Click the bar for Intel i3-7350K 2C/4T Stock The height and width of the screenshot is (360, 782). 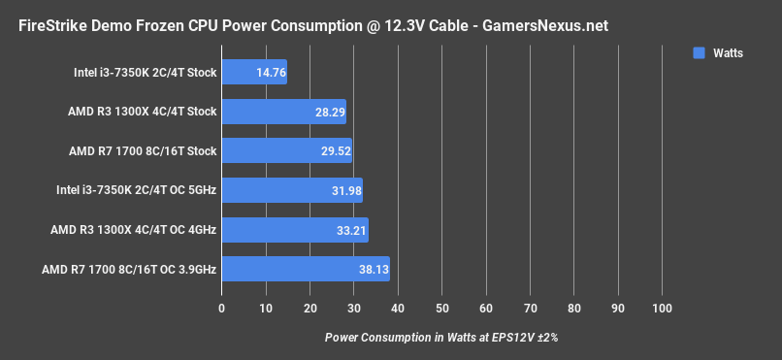(x=254, y=72)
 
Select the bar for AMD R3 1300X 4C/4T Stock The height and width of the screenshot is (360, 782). (x=283, y=112)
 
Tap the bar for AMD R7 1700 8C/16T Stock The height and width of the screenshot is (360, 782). (x=286, y=151)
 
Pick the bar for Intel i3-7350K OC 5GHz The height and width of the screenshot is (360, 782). (x=291, y=190)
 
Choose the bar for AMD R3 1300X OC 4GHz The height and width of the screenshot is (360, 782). (x=294, y=230)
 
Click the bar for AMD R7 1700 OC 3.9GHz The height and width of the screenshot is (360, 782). (x=305, y=270)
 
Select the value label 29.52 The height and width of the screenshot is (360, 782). (x=331, y=151)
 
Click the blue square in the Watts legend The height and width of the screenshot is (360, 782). (x=699, y=53)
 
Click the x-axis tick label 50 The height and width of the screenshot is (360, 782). (x=442, y=309)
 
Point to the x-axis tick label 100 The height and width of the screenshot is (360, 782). (x=663, y=309)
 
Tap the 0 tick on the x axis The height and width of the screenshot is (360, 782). (x=222, y=309)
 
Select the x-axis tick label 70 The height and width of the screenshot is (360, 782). (x=531, y=309)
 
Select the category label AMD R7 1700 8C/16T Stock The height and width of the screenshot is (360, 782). (x=143, y=151)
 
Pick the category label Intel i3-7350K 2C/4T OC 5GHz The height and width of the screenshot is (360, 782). (x=137, y=190)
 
